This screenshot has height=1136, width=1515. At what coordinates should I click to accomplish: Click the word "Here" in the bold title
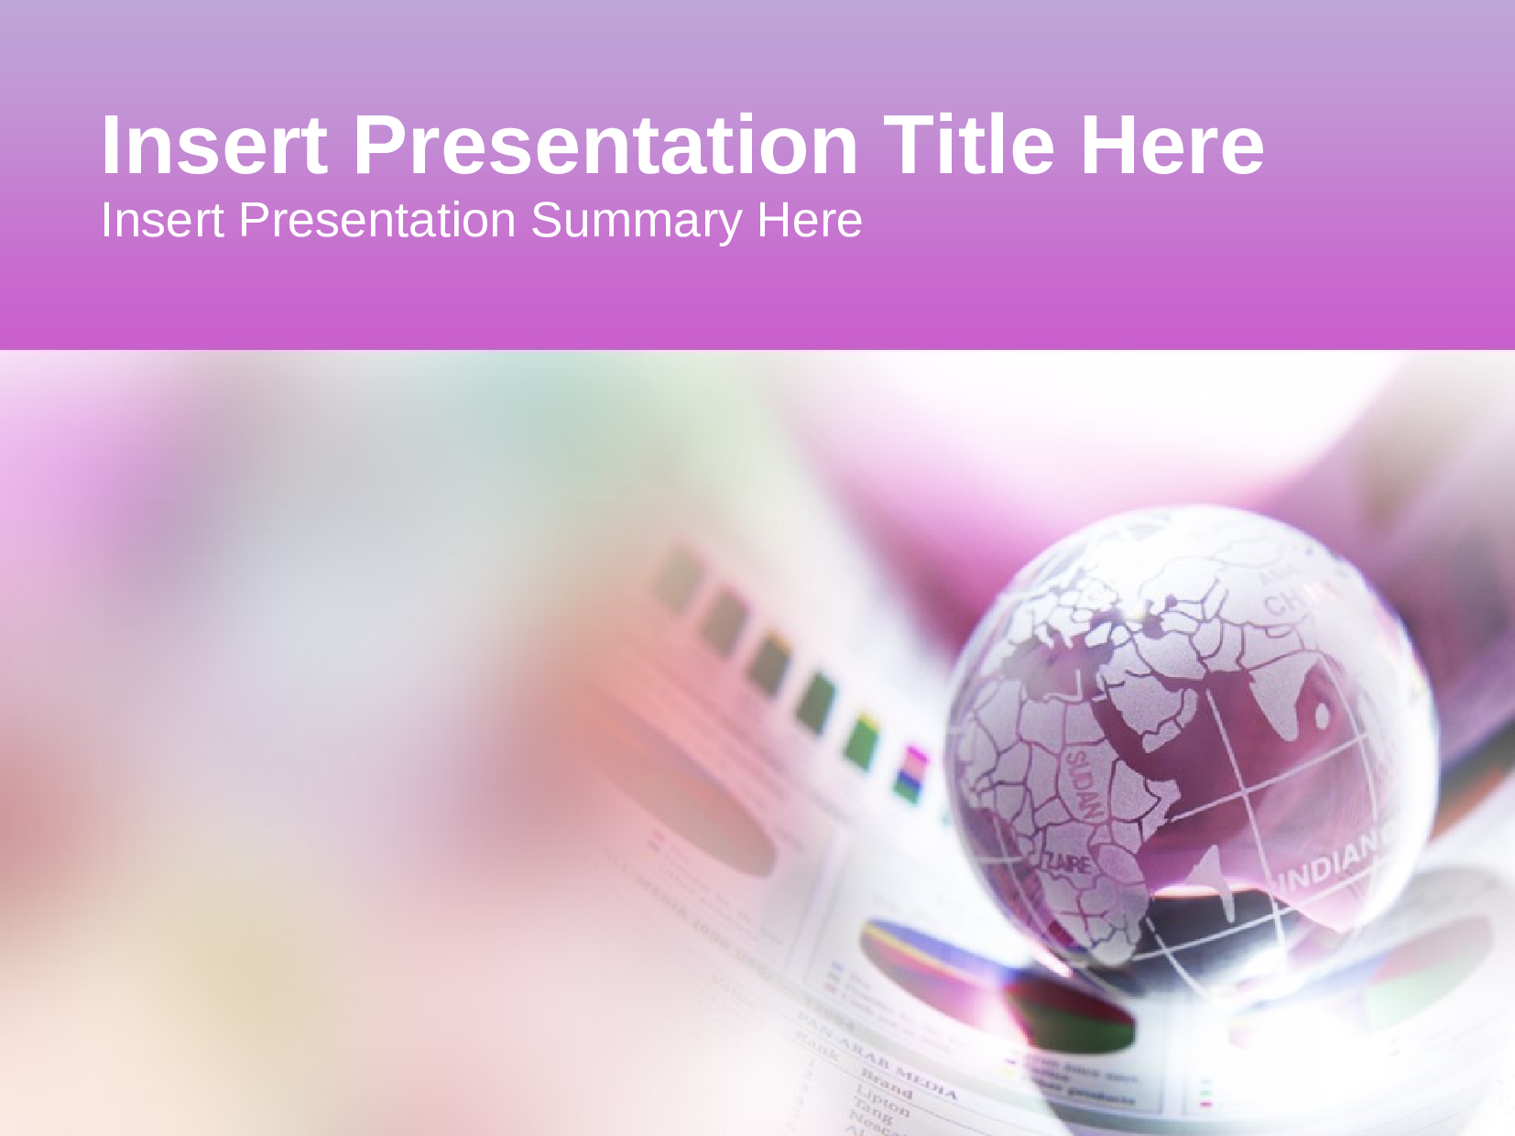coord(1172,145)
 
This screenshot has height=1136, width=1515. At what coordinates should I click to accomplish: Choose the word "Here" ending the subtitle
coord(809,221)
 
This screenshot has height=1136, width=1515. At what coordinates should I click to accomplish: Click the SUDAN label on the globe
coord(1082,783)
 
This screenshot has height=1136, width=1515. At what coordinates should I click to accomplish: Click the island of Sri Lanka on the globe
coord(1322,714)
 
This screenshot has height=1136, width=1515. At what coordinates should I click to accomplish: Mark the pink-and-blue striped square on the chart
coord(911,774)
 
